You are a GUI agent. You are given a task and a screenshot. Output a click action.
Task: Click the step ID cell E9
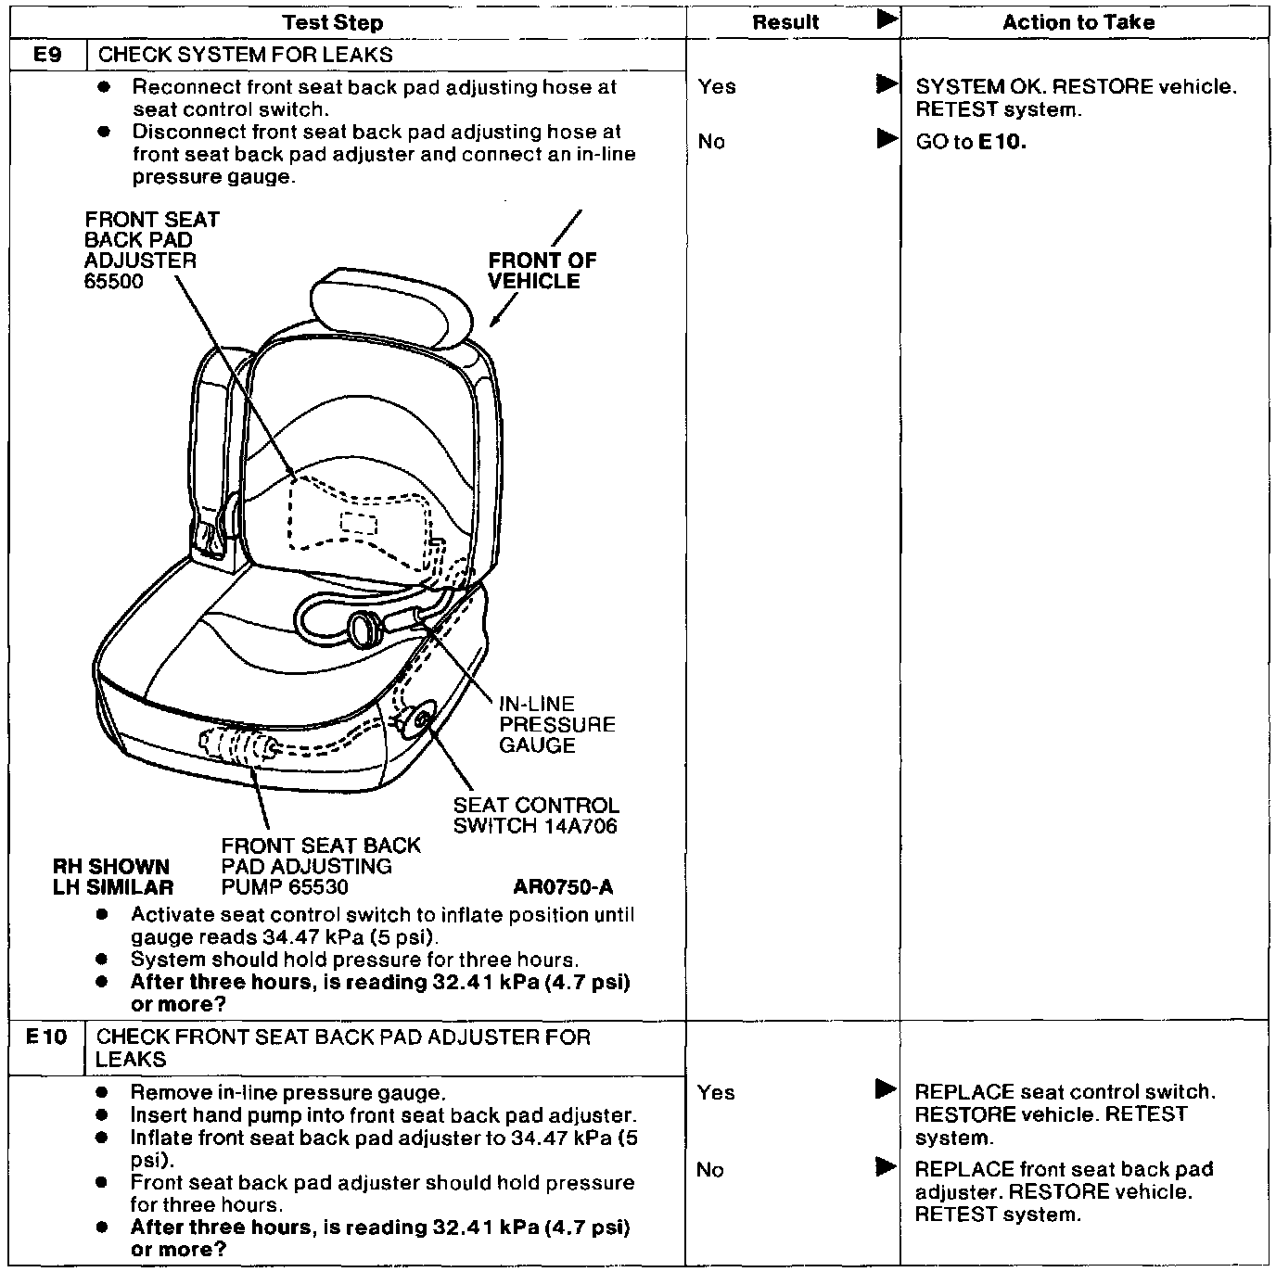click(x=47, y=55)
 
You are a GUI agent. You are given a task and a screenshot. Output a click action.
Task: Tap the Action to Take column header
click(x=1078, y=22)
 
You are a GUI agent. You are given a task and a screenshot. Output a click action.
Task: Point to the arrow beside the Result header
click(x=887, y=19)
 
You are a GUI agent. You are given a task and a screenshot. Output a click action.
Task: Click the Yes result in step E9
click(x=717, y=87)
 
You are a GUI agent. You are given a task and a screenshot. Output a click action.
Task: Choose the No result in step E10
click(x=709, y=1170)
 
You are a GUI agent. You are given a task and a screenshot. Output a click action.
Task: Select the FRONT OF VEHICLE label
click(x=542, y=271)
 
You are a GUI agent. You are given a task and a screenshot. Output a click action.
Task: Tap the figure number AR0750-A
click(x=563, y=887)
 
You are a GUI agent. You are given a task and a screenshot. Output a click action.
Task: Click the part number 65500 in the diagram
click(x=114, y=282)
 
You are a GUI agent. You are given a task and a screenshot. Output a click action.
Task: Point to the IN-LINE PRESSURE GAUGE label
click(x=557, y=724)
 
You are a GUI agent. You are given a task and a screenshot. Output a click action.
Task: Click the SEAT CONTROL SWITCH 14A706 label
click(x=535, y=816)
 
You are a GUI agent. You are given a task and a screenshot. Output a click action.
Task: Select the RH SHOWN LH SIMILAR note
click(x=112, y=877)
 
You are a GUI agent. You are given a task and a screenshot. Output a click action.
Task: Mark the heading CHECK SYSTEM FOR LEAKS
click(x=246, y=55)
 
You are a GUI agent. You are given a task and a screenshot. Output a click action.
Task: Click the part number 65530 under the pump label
click(x=317, y=887)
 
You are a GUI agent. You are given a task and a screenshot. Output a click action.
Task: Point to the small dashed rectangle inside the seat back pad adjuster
click(x=358, y=523)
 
